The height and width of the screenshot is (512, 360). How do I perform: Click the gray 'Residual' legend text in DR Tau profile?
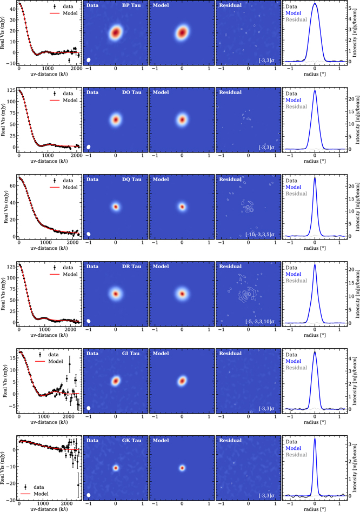[x=297, y=281]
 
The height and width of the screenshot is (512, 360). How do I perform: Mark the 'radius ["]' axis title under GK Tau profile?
[x=315, y=509]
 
